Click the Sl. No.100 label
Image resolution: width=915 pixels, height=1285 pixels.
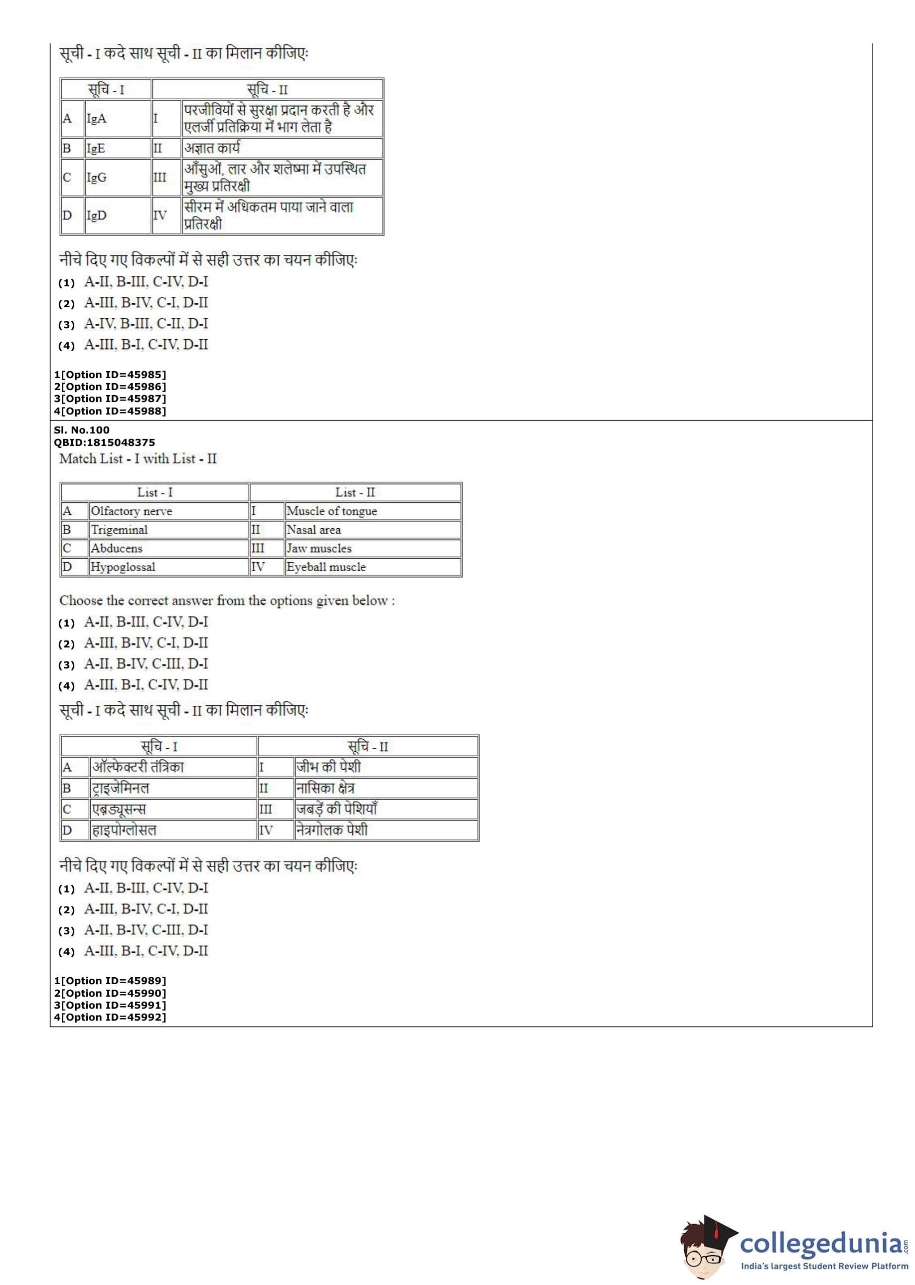(82, 430)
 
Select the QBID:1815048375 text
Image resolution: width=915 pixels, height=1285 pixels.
(104, 442)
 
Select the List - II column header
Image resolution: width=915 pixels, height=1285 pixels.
(355, 492)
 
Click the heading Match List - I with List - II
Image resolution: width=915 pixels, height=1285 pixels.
(138, 459)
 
